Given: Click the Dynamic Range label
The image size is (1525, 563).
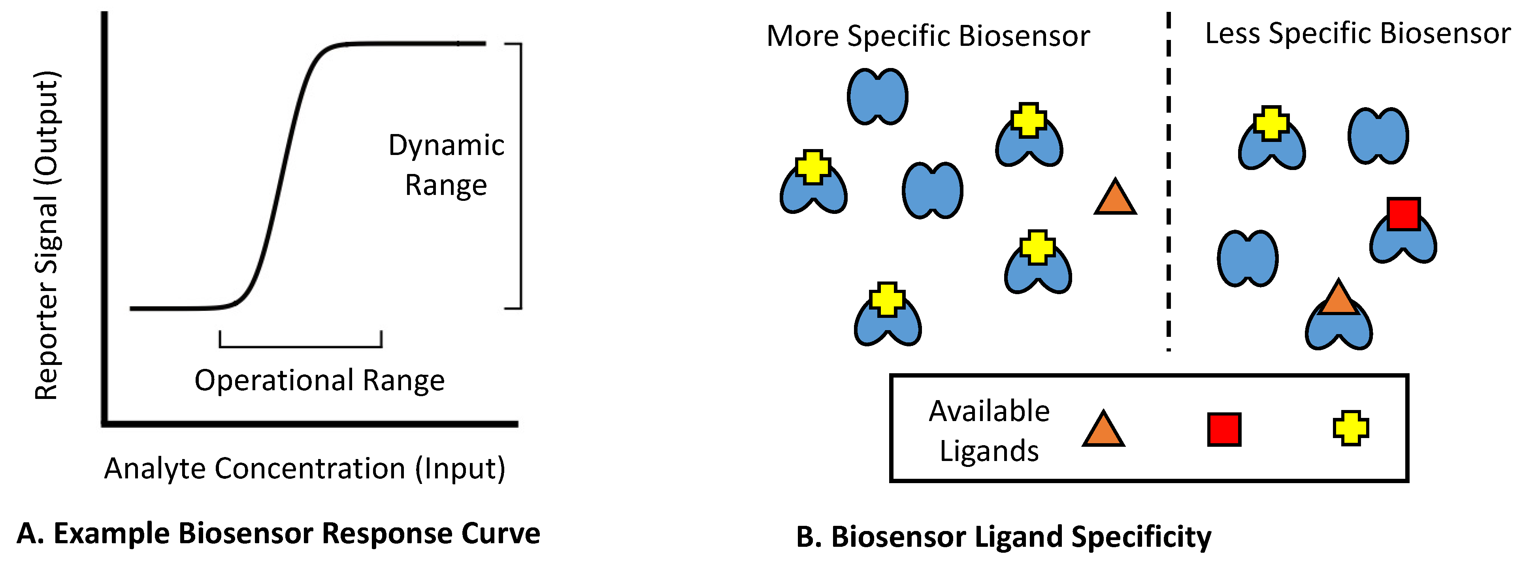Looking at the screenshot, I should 446,165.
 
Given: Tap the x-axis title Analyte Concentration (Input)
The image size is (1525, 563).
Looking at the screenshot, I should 305,468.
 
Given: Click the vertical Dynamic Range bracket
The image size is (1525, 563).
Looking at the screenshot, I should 520,176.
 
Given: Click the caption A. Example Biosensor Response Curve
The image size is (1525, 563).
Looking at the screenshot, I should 278,533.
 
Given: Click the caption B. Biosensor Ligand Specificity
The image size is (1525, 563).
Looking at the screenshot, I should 1003,537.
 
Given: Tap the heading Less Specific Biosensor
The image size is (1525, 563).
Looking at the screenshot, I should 1357,33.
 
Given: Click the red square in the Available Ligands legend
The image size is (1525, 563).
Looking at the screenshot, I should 1223,430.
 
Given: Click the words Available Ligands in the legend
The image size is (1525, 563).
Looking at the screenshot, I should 989,431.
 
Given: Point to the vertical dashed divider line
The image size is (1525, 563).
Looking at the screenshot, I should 1169,178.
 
